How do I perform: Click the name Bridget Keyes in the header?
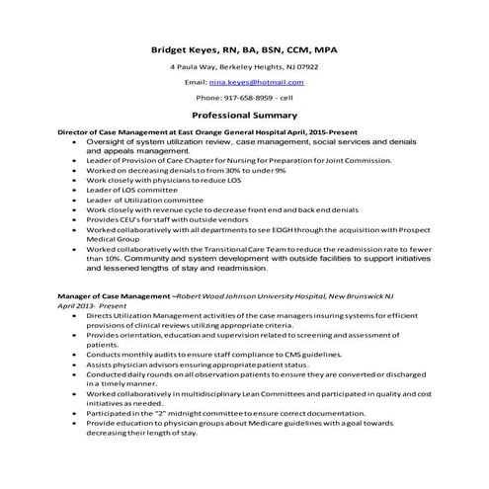click(x=187, y=48)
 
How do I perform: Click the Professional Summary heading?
click(x=243, y=115)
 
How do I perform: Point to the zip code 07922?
click(x=307, y=66)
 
